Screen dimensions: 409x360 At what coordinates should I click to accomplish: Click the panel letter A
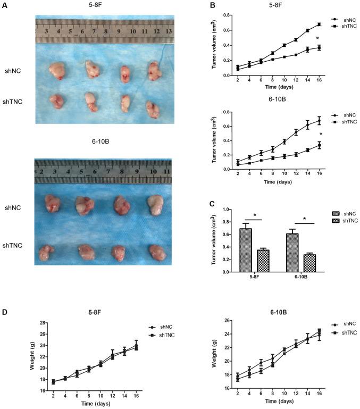[4, 6]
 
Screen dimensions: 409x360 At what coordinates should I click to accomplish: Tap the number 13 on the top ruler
[169, 30]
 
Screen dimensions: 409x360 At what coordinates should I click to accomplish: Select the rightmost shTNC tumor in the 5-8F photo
[153, 108]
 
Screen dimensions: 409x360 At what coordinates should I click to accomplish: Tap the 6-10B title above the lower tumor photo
[99, 141]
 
